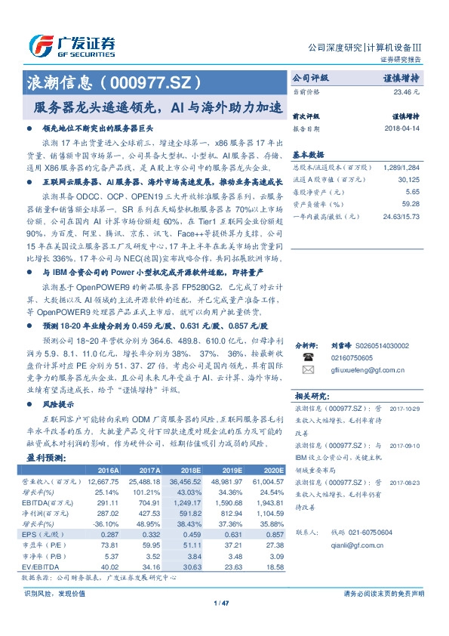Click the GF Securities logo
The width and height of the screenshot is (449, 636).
tap(72, 45)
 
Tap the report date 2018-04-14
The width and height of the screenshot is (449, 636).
tap(401, 128)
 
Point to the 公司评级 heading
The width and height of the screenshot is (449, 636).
tap(311, 78)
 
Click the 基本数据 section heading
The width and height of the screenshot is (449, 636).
tap(307, 153)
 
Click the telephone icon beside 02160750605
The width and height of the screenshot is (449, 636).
tap(307, 357)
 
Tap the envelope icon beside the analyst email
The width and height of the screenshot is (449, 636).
tap(307, 370)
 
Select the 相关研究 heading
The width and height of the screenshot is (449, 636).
tap(310, 395)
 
